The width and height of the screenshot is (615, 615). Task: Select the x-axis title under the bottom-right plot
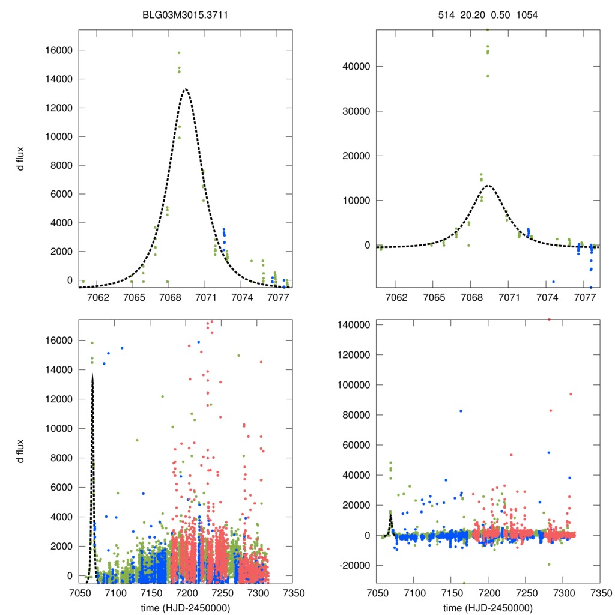pyautogui.click(x=487, y=607)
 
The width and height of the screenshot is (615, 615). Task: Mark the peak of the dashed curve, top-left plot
pyautogui.click(x=186, y=89)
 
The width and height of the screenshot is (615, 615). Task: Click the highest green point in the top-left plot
pyautogui.click(x=179, y=53)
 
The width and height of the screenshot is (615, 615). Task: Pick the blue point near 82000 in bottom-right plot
pyautogui.click(x=461, y=411)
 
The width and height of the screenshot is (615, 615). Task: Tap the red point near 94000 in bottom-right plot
pyautogui.click(x=571, y=394)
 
